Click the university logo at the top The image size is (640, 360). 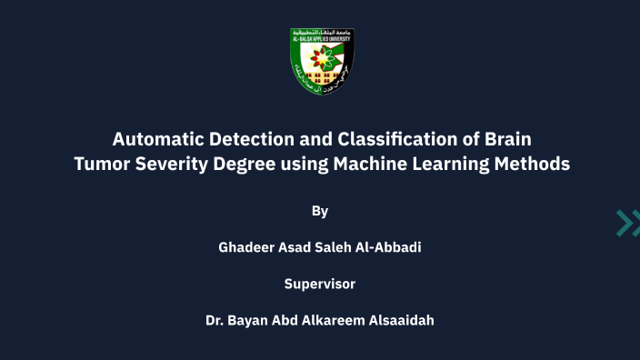[320, 62]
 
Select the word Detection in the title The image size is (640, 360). [233, 140]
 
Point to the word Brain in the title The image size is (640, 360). [505, 140]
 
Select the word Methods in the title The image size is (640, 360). [531, 165]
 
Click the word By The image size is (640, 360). [320, 211]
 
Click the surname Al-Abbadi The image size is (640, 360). [385, 247]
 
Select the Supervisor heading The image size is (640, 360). [320, 284]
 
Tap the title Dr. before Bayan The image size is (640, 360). [216, 320]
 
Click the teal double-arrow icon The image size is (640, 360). [627, 222]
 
